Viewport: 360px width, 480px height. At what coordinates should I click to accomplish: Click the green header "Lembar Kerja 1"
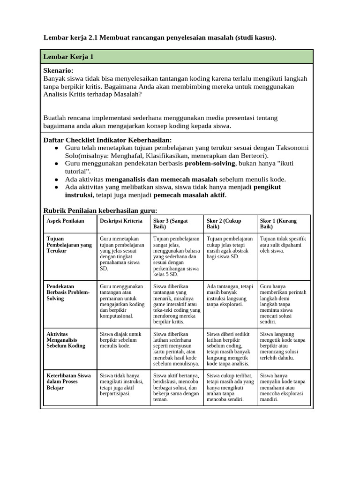[x=68, y=57]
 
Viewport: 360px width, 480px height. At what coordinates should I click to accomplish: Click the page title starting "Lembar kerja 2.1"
[x=160, y=37]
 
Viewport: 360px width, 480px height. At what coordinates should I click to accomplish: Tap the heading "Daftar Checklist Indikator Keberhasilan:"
[x=107, y=140]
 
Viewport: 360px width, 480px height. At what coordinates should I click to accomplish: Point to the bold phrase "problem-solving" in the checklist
[x=211, y=163]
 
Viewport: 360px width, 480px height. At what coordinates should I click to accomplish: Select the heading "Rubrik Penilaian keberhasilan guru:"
[x=100, y=210]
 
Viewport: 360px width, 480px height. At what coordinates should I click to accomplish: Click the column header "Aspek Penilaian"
[x=66, y=221]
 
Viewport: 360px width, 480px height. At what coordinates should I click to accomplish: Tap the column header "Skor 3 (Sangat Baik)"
[x=171, y=224]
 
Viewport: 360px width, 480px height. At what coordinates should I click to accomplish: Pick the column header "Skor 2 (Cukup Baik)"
[x=224, y=224]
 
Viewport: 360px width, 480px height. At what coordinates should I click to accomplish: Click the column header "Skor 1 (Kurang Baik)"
[x=278, y=224]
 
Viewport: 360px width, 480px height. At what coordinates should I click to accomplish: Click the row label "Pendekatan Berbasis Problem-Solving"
[x=68, y=292]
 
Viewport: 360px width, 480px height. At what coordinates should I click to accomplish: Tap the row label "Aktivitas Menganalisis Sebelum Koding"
[x=66, y=340]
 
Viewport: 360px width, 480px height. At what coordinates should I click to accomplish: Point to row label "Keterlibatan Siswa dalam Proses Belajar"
[x=69, y=382]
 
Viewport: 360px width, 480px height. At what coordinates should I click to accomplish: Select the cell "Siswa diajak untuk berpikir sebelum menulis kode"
[x=120, y=340]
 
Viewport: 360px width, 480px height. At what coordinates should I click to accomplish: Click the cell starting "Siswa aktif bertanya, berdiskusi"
[x=176, y=388]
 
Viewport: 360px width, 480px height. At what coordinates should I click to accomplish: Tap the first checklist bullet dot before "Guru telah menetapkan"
[x=56, y=148]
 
